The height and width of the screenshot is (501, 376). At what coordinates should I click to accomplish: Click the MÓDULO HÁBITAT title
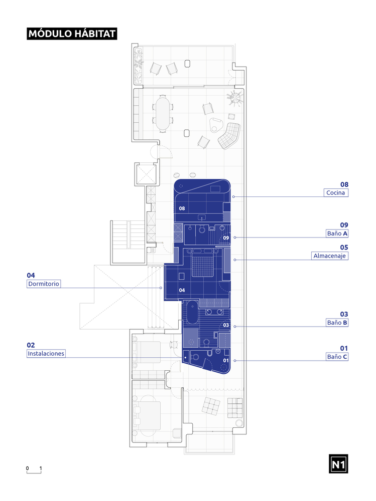[72, 34]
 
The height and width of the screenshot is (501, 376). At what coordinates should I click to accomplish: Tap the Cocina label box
[336, 193]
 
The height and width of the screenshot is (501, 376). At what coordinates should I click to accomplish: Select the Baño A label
[337, 233]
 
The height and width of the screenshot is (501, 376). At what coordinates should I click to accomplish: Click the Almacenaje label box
[329, 256]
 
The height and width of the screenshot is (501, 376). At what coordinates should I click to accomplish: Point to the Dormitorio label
[44, 284]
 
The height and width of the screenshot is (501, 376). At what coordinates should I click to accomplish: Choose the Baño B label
[337, 322]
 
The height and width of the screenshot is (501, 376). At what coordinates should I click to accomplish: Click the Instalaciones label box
[46, 353]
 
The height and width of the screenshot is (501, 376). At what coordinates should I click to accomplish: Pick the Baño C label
[337, 357]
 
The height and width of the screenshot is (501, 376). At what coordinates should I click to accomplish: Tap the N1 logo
[338, 463]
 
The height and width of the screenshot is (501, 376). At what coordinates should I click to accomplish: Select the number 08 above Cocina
[344, 184]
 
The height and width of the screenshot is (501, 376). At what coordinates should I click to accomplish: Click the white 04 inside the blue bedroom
[182, 290]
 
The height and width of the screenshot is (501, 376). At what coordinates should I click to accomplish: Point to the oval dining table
[163, 113]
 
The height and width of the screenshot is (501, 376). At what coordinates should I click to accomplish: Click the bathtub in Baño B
[192, 312]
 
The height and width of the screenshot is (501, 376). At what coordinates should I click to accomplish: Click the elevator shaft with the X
[147, 174]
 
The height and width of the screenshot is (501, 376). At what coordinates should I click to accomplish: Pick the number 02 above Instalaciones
[31, 345]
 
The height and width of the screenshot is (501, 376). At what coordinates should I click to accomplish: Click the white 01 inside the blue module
[226, 360]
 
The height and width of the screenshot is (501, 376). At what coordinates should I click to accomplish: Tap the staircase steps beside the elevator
[128, 235]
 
